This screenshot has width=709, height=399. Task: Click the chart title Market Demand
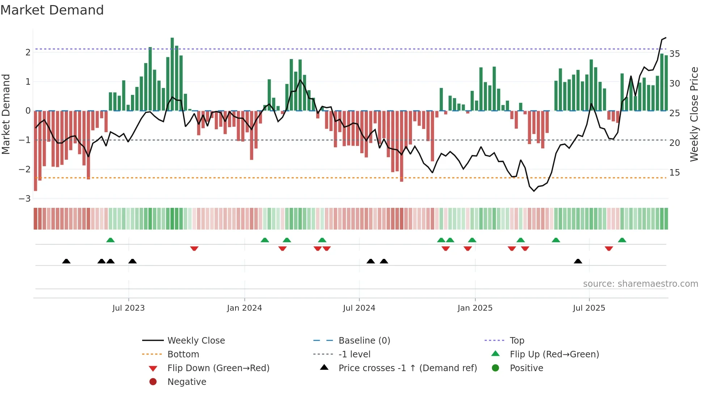coord(52,10)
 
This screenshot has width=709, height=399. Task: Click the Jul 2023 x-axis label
coord(128,308)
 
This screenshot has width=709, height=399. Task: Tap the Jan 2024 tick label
coord(244,308)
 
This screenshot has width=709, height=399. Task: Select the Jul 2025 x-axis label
coord(589,308)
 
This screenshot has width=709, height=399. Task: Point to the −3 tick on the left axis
coord(25,198)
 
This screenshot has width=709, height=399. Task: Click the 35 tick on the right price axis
coord(675,54)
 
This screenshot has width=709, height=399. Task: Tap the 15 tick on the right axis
coord(675,173)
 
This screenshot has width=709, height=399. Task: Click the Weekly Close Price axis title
coord(694,114)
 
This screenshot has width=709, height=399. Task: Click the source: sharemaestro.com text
coord(640,284)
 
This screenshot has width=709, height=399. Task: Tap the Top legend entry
coord(517,341)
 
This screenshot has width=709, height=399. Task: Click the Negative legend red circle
coord(153,382)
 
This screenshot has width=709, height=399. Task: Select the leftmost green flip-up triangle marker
coord(110,240)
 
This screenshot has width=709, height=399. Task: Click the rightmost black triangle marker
coord(578,261)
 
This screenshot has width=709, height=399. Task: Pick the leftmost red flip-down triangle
coord(194,248)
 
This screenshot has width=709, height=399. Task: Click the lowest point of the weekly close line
coord(534,191)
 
